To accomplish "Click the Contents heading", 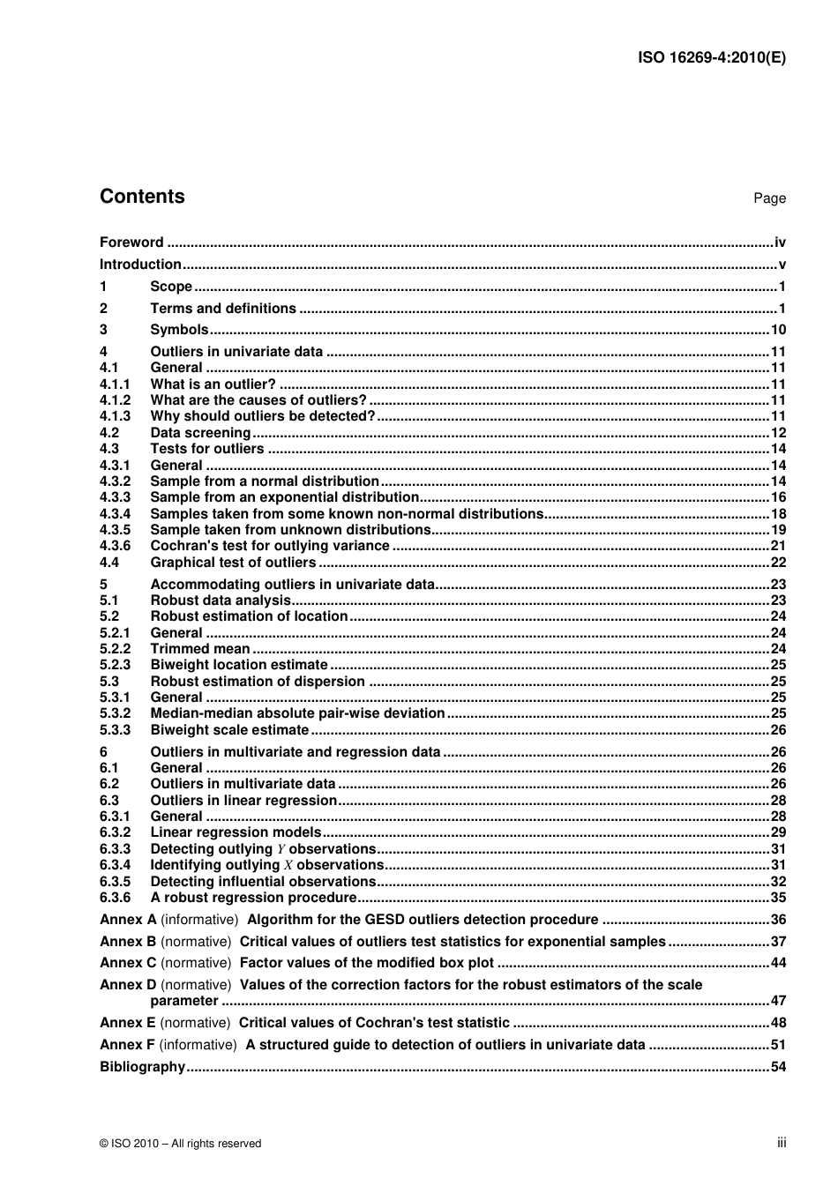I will tap(142, 197).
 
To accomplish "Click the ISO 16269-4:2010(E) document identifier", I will tap(711, 58).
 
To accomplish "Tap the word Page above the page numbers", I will tap(769, 198).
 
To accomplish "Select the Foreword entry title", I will tap(131, 242).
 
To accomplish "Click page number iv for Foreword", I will tap(780, 242).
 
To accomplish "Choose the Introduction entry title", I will tap(140, 265).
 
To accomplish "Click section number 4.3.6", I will tap(115, 546).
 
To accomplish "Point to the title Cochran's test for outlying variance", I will tap(269, 546).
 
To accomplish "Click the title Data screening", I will tap(200, 433).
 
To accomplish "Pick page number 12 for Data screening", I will tap(778, 433).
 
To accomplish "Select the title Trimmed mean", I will tap(200, 649).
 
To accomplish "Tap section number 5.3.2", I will tap(115, 713).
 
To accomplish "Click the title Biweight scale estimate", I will tap(229, 730).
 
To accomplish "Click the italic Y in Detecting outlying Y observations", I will tap(281, 849).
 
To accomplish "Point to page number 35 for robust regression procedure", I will tap(778, 898).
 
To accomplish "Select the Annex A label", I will tap(128, 920).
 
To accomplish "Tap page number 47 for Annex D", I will tap(778, 1001).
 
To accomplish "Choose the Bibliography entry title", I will tap(142, 1067).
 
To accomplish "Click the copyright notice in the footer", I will tap(181, 1144).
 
